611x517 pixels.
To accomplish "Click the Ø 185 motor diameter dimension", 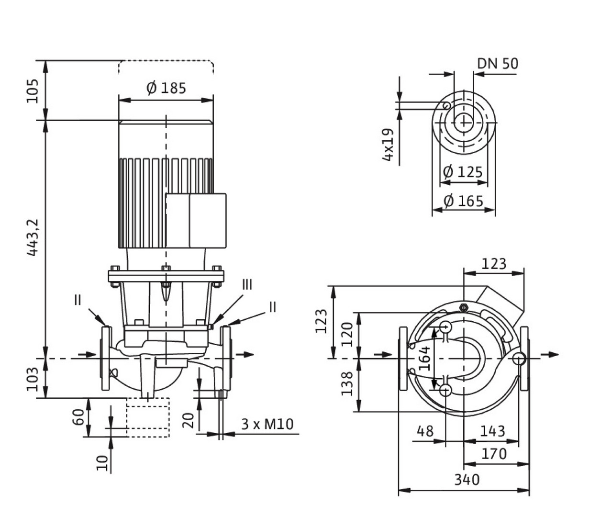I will [166, 88].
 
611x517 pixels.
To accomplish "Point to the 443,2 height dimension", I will [33, 237].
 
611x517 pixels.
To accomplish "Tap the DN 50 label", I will [497, 63].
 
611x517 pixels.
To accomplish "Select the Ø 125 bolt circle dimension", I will [463, 171].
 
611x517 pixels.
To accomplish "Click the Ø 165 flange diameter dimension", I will [463, 201].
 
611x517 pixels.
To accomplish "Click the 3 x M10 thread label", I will [267, 424].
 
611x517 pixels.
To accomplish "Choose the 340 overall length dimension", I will [466, 479].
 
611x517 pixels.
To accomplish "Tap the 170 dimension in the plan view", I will [493, 453].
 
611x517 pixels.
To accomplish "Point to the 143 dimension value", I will [492, 431].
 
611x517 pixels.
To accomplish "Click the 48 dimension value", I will [425, 431].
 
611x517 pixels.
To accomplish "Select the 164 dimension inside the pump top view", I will [424, 358].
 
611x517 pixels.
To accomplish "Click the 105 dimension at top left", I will [33, 91].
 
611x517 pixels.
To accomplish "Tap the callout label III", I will [247, 285].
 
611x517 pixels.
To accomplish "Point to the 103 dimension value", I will [33, 379].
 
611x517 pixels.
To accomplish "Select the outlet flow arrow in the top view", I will [550, 354].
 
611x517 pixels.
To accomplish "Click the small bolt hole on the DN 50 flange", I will [446, 105].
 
